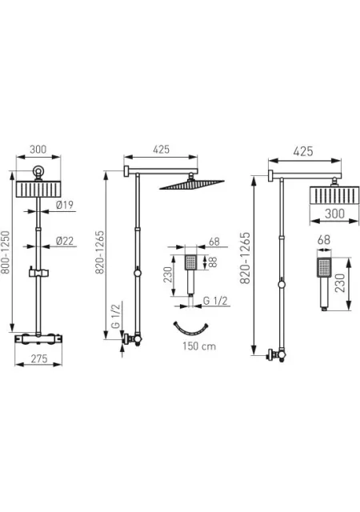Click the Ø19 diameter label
65,205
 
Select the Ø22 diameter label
65,241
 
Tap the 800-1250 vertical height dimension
6,253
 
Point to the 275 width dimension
39,358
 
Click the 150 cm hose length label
199,346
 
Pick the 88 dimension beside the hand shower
213,262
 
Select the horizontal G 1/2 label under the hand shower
215,301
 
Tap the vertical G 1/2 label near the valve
116,315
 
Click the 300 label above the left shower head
38,150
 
